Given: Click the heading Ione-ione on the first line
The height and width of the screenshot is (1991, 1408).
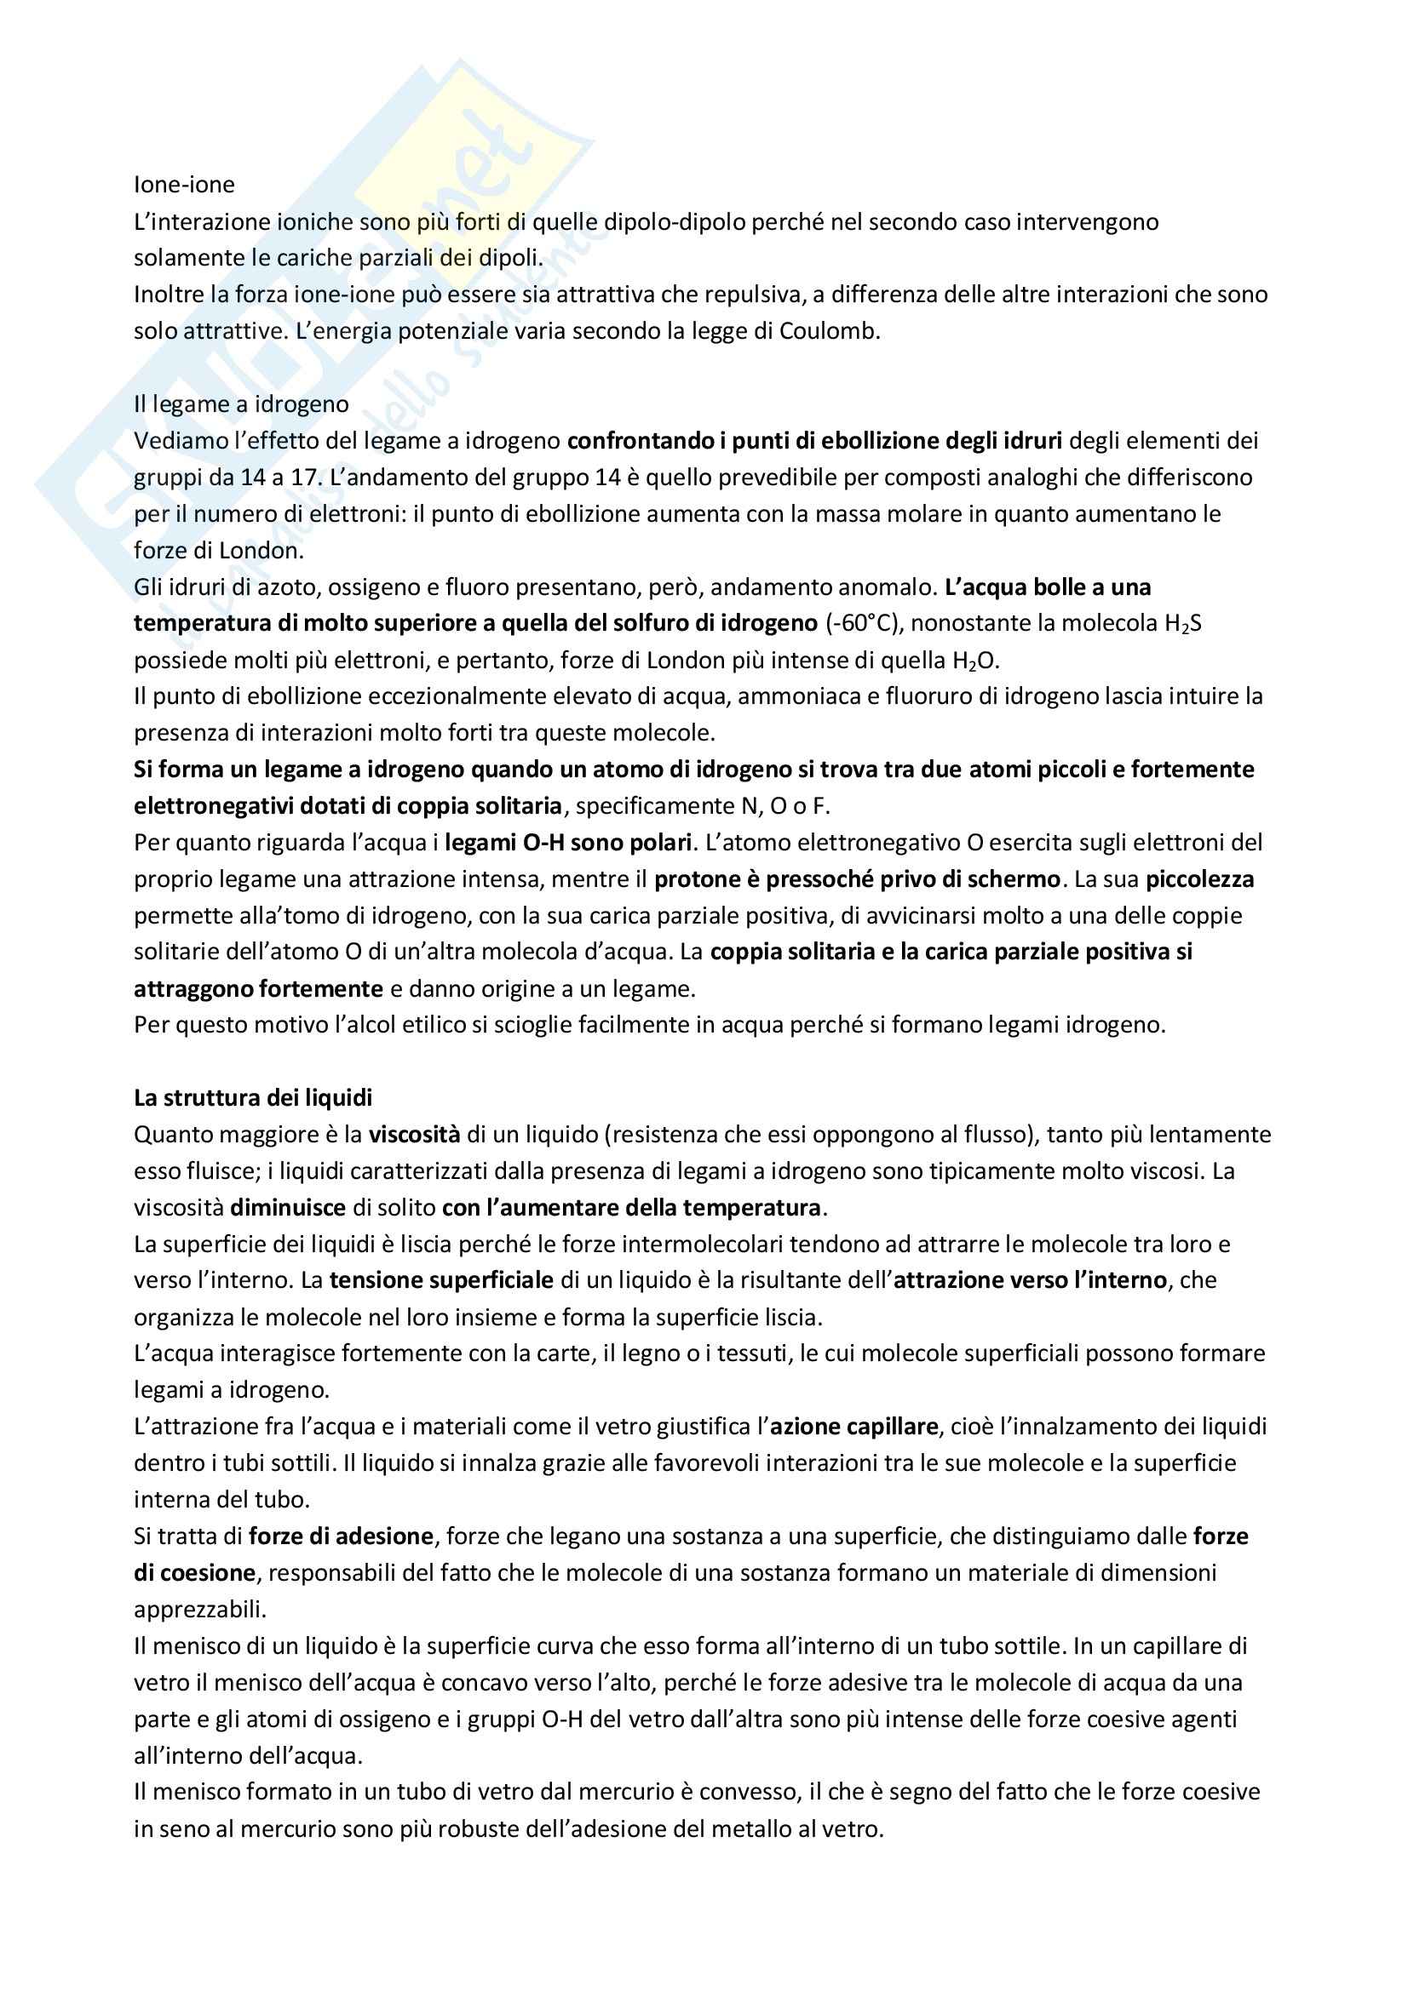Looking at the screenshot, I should pos(184,185).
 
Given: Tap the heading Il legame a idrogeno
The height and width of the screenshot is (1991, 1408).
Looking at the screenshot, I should pos(241,404).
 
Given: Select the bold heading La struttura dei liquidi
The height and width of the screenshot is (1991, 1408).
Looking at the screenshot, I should pos(252,1098).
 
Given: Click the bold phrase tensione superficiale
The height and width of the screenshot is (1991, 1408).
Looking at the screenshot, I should pos(440,1281).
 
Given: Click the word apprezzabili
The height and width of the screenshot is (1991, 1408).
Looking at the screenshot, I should pos(200,1610).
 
